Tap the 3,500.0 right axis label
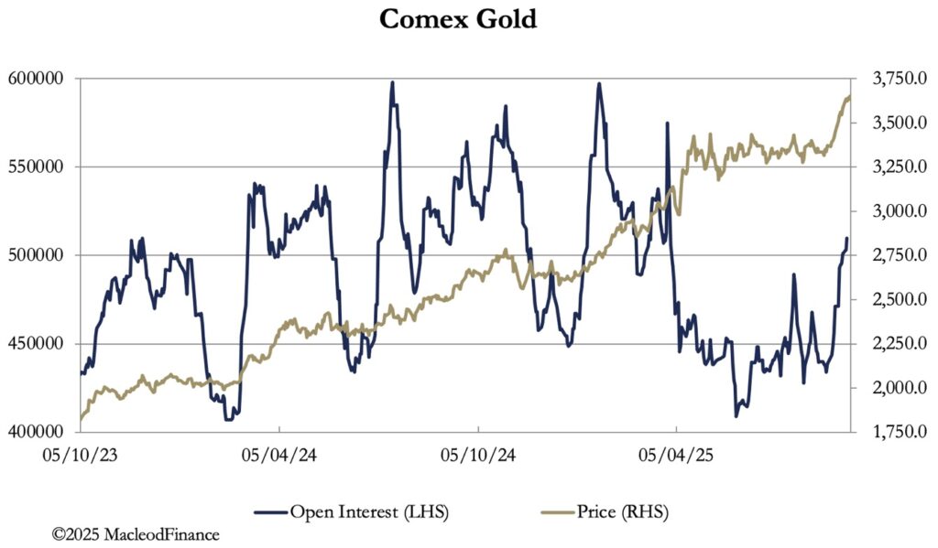click(888, 123)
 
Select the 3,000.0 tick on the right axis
click(888, 211)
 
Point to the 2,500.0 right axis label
click(888, 300)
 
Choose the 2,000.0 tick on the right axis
click(888, 388)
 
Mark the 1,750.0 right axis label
click(888, 432)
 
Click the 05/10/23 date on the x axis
click(81, 455)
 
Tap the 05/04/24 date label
click(279, 455)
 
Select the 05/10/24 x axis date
click(477, 455)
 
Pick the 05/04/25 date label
click(676, 455)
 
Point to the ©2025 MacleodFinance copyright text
click(136, 533)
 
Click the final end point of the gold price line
click(849, 96)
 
